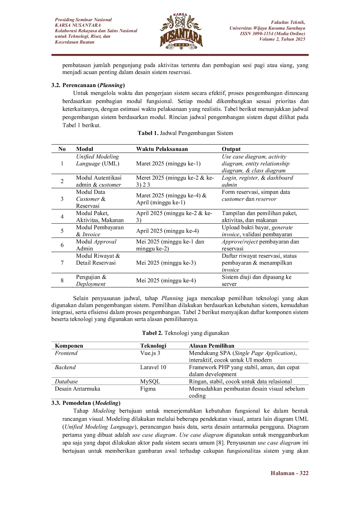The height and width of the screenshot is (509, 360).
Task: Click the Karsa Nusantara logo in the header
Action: click(x=181, y=31)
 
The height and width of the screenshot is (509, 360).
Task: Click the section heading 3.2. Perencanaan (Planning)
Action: click(x=88, y=85)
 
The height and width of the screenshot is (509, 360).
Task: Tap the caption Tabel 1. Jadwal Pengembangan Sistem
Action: click(x=185, y=133)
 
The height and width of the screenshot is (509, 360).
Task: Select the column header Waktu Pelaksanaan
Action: click(x=162, y=149)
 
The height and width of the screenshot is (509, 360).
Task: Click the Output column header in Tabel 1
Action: click(x=231, y=149)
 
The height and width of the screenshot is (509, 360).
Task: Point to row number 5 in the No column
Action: click(x=62, y=231)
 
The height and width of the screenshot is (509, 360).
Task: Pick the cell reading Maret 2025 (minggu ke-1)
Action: click(x=168, y=164)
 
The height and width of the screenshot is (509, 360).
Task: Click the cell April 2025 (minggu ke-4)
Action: click(x=168, y=231)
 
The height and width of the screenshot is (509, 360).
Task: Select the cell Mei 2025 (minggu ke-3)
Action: click(x=166, y=263)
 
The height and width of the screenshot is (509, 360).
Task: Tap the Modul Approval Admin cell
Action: click(x=96, y=245)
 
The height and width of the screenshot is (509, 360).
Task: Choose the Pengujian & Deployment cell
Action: click(x=91, y=281)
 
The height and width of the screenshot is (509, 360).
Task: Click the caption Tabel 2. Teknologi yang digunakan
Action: click(x=186, y=333)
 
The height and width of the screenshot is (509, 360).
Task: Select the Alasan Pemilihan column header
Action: click(x=212, y=346)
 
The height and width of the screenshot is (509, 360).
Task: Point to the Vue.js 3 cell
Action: click(x=150, y=353)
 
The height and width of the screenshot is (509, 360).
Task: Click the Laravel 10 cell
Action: click(x=153, y=367)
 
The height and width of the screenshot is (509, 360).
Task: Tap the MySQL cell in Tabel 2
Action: click(x=150, y=382)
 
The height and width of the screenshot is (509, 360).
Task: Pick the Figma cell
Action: click(x=148, y=389)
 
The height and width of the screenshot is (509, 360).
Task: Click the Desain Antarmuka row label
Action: click(x=78, y=389)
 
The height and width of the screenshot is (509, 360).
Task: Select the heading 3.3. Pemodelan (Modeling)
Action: click(x=86, y=403)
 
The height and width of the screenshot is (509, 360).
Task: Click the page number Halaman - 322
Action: click(x=289, y=473)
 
